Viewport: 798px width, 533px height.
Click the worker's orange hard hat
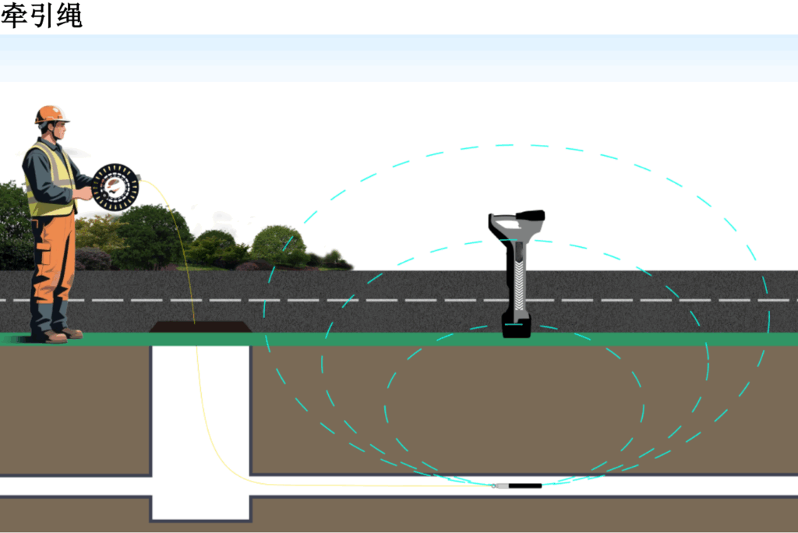[x=51, y=114]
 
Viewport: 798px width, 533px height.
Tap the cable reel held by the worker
[x=115, y=187]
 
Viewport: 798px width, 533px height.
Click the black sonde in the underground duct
[x=524, y=485]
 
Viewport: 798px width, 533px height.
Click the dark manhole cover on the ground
[x=200, y=327]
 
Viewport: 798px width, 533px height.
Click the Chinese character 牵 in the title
[x=13, y=16]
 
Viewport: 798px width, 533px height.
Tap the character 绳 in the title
[x=69, y=16]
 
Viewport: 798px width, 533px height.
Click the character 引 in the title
[x=41, y=16]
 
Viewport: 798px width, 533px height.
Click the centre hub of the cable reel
[x=115, y=186]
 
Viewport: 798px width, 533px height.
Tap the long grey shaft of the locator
[x=517, y=277]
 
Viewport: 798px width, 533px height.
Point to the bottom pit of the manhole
[x=200, y=507]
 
